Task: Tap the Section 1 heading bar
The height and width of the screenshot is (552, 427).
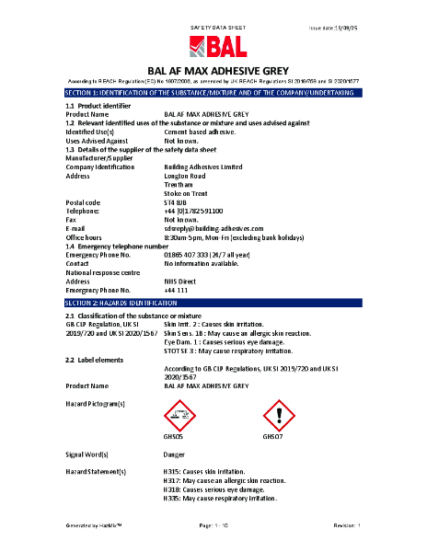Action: click(x=213, y=94)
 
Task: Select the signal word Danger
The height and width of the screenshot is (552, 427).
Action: click(x=174, y=454)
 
